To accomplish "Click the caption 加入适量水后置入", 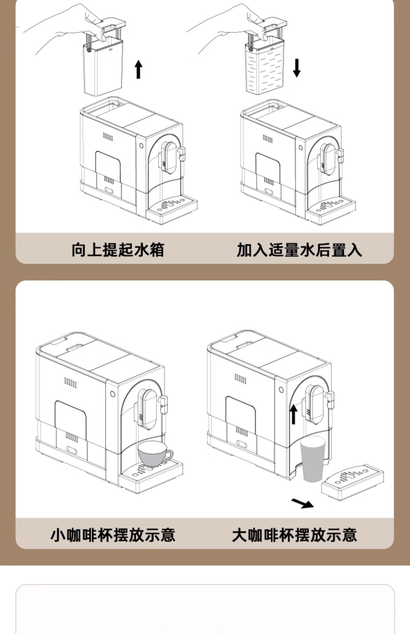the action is tap(299, 249).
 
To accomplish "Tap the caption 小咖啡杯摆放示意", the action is tap(113, 535).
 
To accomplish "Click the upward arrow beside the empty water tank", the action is tap(139, 69).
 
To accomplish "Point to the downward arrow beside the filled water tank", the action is tap(297, 68).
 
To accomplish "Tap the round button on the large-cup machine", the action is tap(281, 389).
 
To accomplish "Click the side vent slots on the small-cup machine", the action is tap(70, 383).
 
